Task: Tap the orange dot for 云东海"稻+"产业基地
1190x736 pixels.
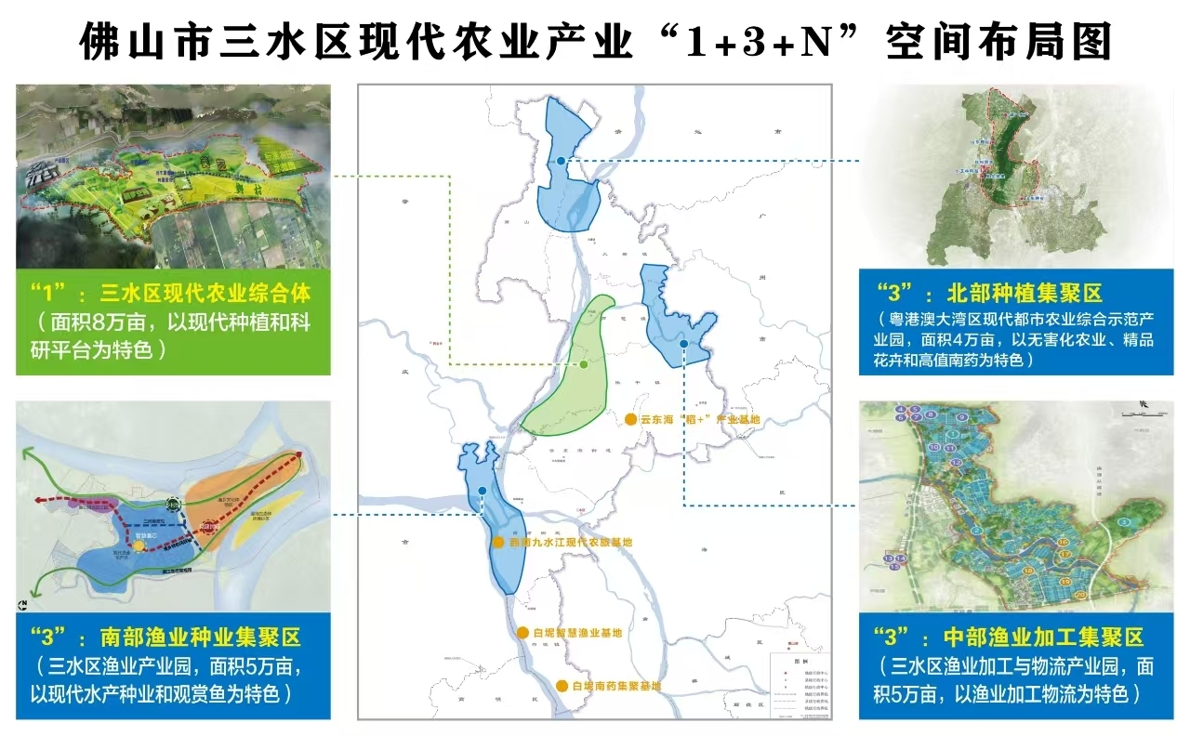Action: (x=630, y=420)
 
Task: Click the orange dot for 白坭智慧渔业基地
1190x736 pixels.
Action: (x=523, y=633)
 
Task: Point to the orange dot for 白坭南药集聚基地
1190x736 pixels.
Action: (x=562, y=686)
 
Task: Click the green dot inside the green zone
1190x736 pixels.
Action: (x=583, y=365)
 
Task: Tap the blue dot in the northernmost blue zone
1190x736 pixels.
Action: (x=562, y=163)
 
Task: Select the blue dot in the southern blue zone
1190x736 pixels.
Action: (x=482, y=491)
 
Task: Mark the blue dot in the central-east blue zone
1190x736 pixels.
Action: (x=683, y=345)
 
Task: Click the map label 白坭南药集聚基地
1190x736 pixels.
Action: (x=616, y=686)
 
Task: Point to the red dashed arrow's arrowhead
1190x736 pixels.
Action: (x=299, y=456)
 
